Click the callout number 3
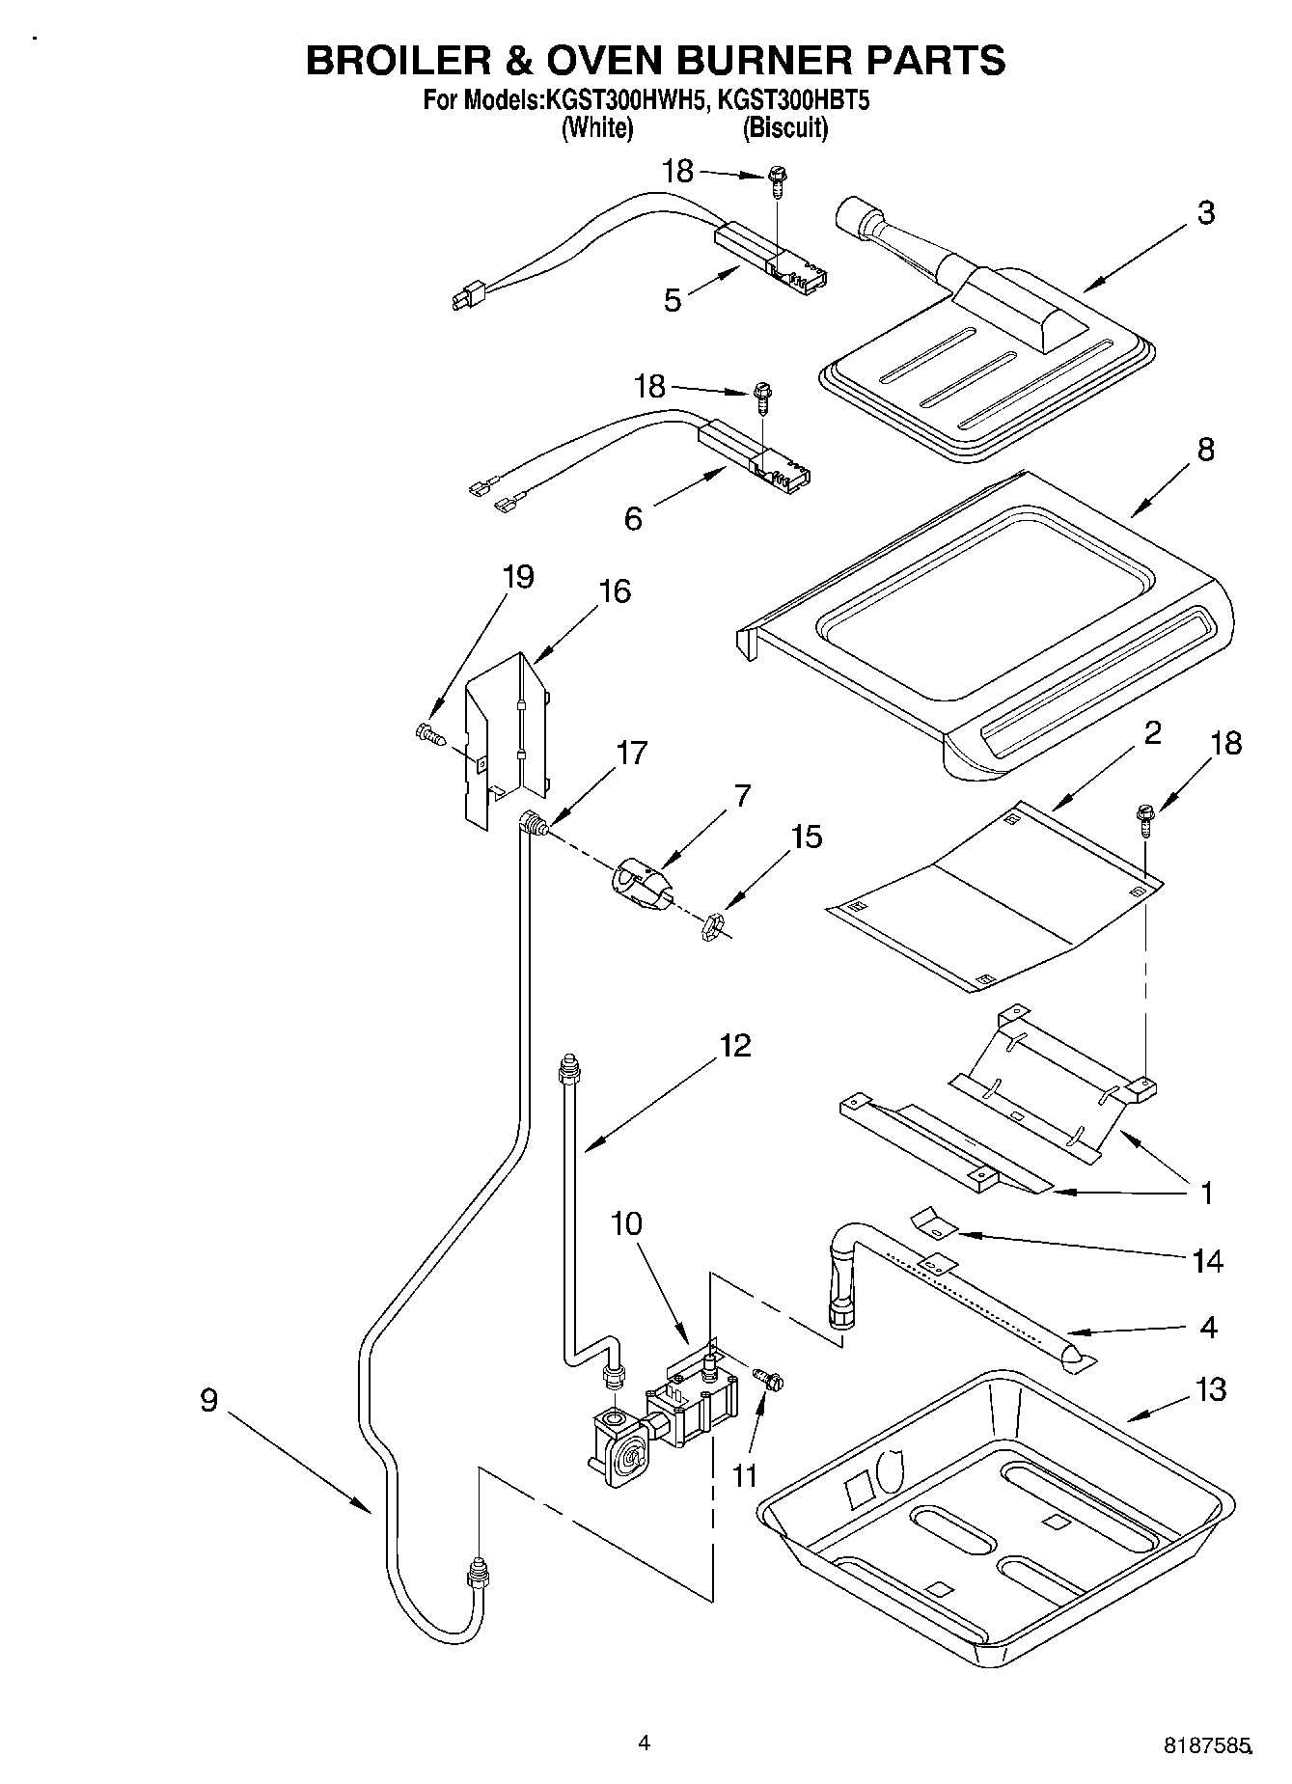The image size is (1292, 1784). [1205, 212]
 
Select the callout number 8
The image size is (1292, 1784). [1205, 449]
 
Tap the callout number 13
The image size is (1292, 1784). [1210, 1389]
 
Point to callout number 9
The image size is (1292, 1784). [209, 1400]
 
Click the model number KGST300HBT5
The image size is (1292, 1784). [785, 99]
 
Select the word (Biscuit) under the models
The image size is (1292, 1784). [784, 127]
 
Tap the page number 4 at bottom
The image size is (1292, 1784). [644, 1743]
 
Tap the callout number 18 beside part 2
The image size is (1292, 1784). [1225, 743]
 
